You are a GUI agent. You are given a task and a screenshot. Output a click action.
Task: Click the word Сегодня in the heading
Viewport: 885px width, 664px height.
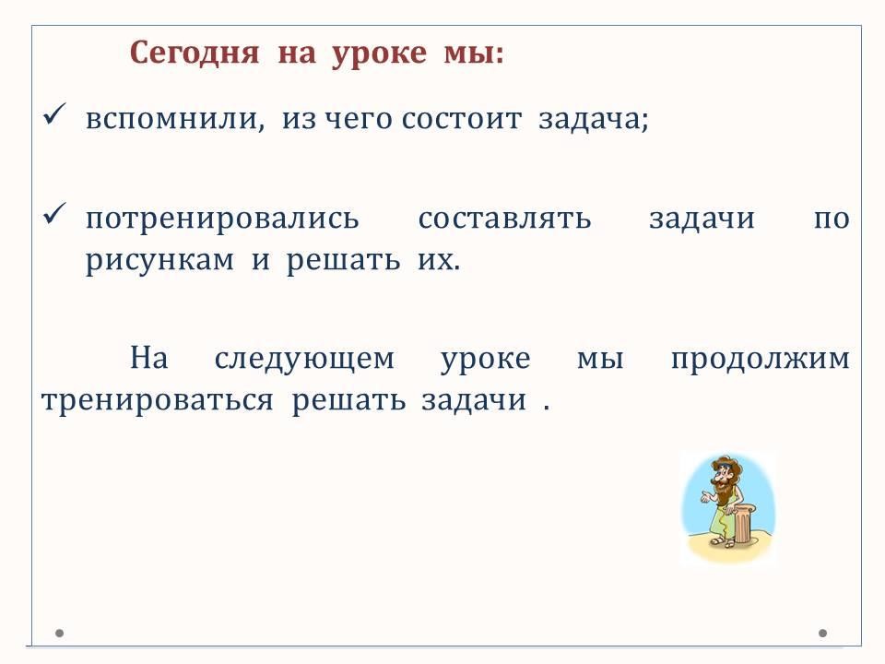195,53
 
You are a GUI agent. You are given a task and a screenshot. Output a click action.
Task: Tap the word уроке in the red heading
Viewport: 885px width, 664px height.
379,54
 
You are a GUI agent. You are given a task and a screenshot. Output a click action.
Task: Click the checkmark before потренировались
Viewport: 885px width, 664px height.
54,214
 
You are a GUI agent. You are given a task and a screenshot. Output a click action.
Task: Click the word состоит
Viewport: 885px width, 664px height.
462,119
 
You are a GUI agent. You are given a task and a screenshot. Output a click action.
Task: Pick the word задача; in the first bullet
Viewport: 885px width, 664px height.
593,119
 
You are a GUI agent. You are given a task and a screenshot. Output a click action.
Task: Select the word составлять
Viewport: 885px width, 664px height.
504,219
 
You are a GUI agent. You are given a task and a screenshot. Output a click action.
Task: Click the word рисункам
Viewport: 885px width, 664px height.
159,261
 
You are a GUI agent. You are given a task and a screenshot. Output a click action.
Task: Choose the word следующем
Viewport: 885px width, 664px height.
304,360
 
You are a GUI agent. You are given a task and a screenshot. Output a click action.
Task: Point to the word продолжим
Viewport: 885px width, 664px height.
761,360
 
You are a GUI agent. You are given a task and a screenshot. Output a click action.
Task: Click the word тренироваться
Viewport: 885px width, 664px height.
158,401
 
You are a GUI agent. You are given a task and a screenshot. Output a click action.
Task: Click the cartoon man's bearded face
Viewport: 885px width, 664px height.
724,480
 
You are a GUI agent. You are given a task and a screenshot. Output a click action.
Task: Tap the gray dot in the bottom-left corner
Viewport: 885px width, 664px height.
59,633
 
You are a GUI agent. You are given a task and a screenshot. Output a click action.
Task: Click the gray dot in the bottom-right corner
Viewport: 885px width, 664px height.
823,633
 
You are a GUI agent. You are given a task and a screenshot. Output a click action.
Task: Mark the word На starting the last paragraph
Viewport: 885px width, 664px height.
149,358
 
